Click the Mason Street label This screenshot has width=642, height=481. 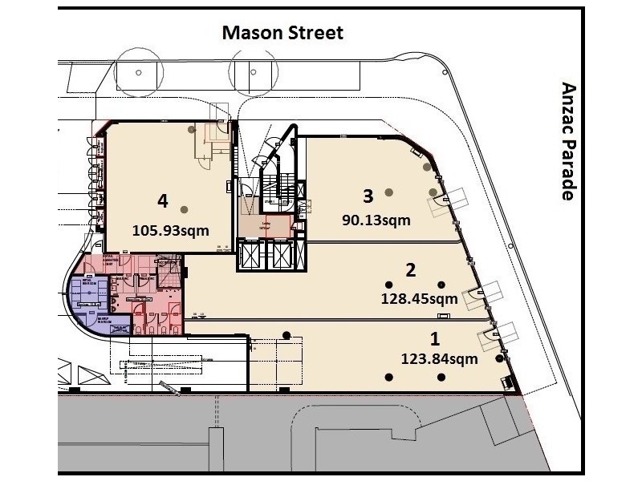click(282, 33)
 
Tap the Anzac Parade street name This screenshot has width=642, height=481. click(569, 141)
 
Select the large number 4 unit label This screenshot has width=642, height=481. click(163, 200)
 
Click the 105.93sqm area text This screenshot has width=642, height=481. click(170, 230)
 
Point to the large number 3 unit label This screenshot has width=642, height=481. click(368, 195)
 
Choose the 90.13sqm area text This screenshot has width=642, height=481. click(376, 219)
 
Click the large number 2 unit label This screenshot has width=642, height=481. click(410, 269)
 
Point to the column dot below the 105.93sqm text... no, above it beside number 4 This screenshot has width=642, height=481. click(185, 209)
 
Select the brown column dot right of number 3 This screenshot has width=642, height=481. click(389, 192)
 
